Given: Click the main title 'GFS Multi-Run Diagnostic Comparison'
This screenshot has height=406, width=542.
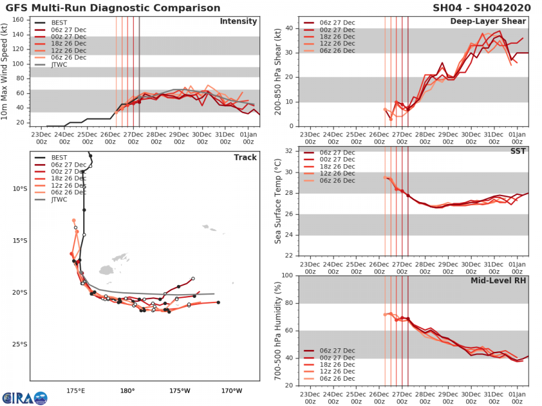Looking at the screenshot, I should tap(113, 8).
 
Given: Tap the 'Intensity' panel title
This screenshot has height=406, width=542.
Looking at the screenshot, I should tap(238, 22).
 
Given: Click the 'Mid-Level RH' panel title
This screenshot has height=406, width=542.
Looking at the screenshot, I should tap(499, 281).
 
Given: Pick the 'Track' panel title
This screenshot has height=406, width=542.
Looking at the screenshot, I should tap(245, 158).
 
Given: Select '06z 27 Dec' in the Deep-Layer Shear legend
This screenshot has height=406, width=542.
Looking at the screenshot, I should tap(337, 23).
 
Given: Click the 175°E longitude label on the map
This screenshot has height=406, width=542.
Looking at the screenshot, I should tap(75, 390).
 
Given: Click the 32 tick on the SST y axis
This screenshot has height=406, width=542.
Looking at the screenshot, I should tap(288, 151).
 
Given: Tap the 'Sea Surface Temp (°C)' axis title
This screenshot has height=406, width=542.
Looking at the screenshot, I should tap(277, 203).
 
